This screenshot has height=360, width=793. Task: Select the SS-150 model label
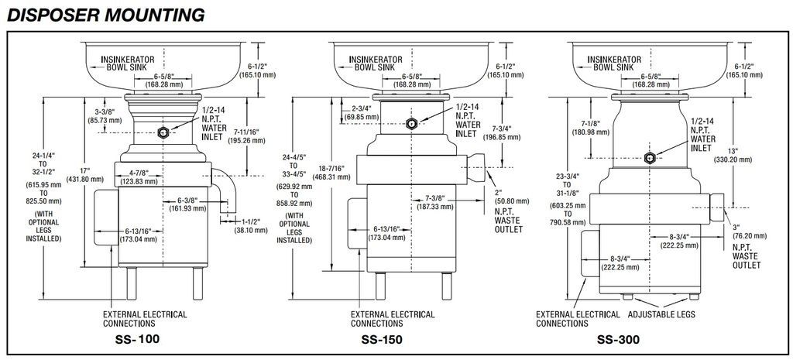click(382, 340)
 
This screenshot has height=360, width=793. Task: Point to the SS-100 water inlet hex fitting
click(164, 132)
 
